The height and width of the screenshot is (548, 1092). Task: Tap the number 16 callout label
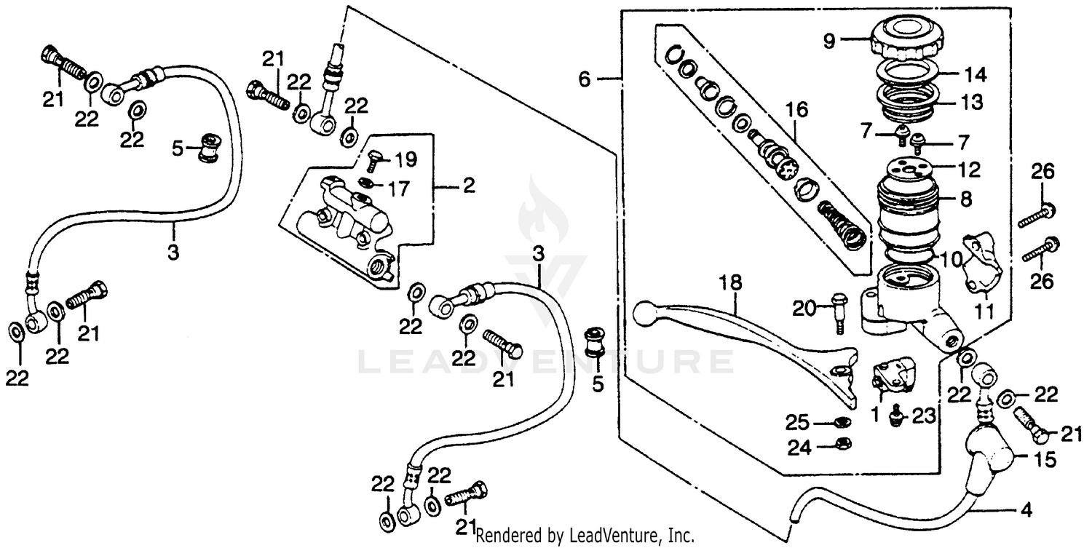pyautogui.click(x=796, y=110)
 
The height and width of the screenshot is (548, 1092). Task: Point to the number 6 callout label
pyautogui.click(x=585, y=79)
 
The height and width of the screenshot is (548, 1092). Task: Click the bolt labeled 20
pyautogui.click(x=839, y=312)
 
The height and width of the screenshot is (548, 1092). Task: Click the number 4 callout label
pyautogui.click(x=1026, y=511)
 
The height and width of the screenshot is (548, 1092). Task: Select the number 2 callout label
pyautogui.click(x=469, y=186)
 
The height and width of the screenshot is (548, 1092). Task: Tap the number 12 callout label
pyautogui.click(x=968, y=170)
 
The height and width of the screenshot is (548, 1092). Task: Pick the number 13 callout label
pyautogui.click(x=971, y=103)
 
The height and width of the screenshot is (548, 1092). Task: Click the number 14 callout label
pyautogui.click(x=975, y=75)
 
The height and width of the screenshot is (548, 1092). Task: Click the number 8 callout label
pyautogui.click(x=966, y=199)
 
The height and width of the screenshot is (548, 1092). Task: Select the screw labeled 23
pyautogui.click(x=895, y=416)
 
